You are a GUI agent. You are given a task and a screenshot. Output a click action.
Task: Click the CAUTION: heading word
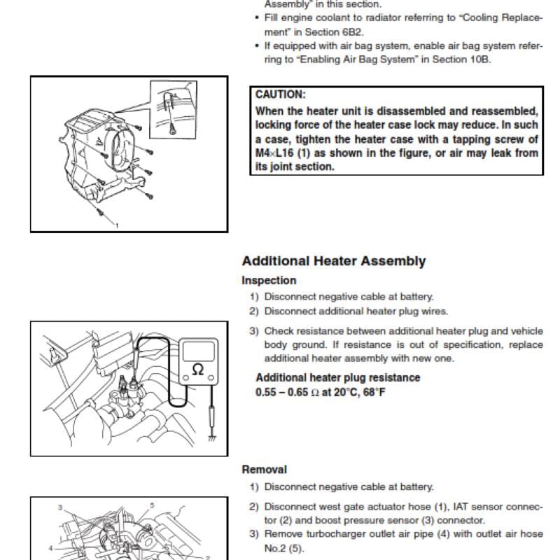pyautogui.click(x=281, y=94)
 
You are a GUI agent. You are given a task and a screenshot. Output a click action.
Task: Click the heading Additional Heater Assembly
pyautogui.click(x=334, y=261)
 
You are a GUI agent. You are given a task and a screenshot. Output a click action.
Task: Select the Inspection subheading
pyautogui.click(x=269, y=281)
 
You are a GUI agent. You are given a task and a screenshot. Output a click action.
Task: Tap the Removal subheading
pyautogui.click(x=265, y=470)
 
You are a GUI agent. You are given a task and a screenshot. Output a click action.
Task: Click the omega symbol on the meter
pyautogui.click(x=198, y=370)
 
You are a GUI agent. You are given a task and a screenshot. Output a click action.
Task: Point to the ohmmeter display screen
pyautogui.click(x=199, y=351)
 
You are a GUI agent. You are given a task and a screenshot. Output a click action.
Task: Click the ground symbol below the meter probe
pyautogui.click(x=212, y=437)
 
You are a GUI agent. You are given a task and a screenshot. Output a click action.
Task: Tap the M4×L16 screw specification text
pyautogui.click(x=274, y=153)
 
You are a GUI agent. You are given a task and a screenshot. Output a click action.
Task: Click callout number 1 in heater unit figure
pyautogui.click(x=116, y=225)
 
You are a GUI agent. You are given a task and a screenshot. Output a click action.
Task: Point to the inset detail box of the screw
pyautogui.click(x=174, y=110)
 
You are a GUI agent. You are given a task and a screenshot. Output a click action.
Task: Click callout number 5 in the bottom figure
pyautogui.click(x=152, y=505)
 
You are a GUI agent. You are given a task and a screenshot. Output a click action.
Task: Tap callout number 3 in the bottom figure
pyautogui.click(x=60, y=507)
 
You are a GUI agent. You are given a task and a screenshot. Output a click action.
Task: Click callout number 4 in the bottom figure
pyautogui.click(x=50, y=548)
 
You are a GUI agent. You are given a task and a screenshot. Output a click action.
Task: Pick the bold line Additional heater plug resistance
pyautogui.click(x=338, y=377)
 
